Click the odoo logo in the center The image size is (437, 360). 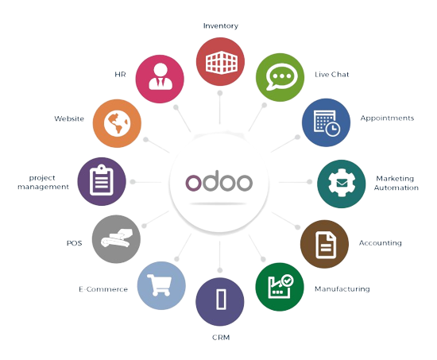coord(219,182)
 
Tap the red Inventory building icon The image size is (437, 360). coord(220,62)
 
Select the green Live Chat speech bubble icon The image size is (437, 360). coord(280,77)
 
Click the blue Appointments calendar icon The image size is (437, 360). coord(326,122)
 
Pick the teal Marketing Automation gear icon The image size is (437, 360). coord(342,184)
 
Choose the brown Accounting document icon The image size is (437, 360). coord(324,244)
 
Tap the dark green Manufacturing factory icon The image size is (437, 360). coord(280,287)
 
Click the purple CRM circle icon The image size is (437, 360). coord(220,302)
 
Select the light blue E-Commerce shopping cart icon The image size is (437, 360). coord(161,285)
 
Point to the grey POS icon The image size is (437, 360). coord(116,239)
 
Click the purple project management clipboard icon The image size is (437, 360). coord(102,181)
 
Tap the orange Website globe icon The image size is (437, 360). coord(117,123)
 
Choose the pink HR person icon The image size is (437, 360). coord(160,79)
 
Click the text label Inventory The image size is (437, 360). coord(221,26)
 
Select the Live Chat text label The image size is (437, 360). coord(331,75)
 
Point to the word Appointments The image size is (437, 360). coord(387,118)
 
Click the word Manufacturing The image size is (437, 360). coord(342,289)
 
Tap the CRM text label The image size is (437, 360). coord(221,338)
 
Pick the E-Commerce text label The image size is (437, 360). coord(103,289)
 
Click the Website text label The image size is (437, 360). coord(69,118)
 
